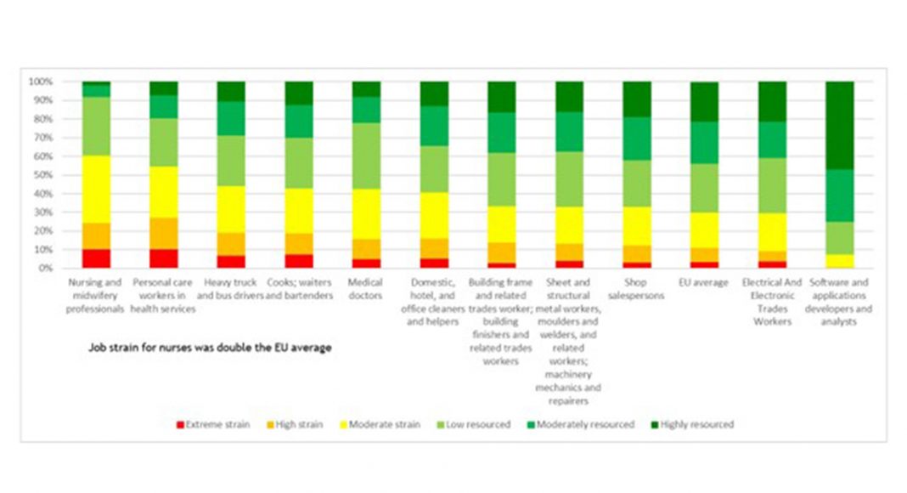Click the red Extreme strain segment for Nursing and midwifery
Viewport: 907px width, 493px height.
click(x=96, y=258)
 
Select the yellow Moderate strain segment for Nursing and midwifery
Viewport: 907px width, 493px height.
click(x=96, y=190)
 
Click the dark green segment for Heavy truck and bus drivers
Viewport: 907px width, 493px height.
click(x=230, y=92)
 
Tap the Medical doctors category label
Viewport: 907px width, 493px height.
click(x=366, y=289)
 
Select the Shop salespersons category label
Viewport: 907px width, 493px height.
click(x=637, y=289)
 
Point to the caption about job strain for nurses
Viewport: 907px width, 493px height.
click(x=210, y=348)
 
